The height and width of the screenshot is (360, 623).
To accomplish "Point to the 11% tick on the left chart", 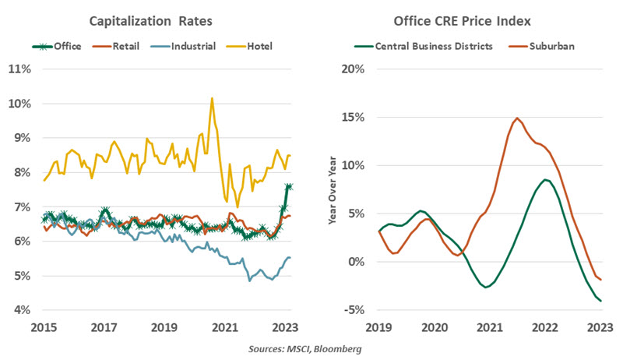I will (x=19, y=69).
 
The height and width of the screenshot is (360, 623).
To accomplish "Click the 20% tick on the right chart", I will (x=353, y=69).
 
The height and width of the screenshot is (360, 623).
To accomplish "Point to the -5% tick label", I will (x=354, y=310).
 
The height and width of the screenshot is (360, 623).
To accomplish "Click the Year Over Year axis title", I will (x=334, y=191).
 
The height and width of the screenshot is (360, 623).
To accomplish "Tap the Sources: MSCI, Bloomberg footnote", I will (x=311, y=348).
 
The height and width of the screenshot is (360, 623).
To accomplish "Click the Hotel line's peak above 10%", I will (x=212, y=98).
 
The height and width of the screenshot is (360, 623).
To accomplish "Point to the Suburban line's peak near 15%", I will (x=517, y=118).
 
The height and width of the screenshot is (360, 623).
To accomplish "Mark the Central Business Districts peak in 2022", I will (x=546, y=180).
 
